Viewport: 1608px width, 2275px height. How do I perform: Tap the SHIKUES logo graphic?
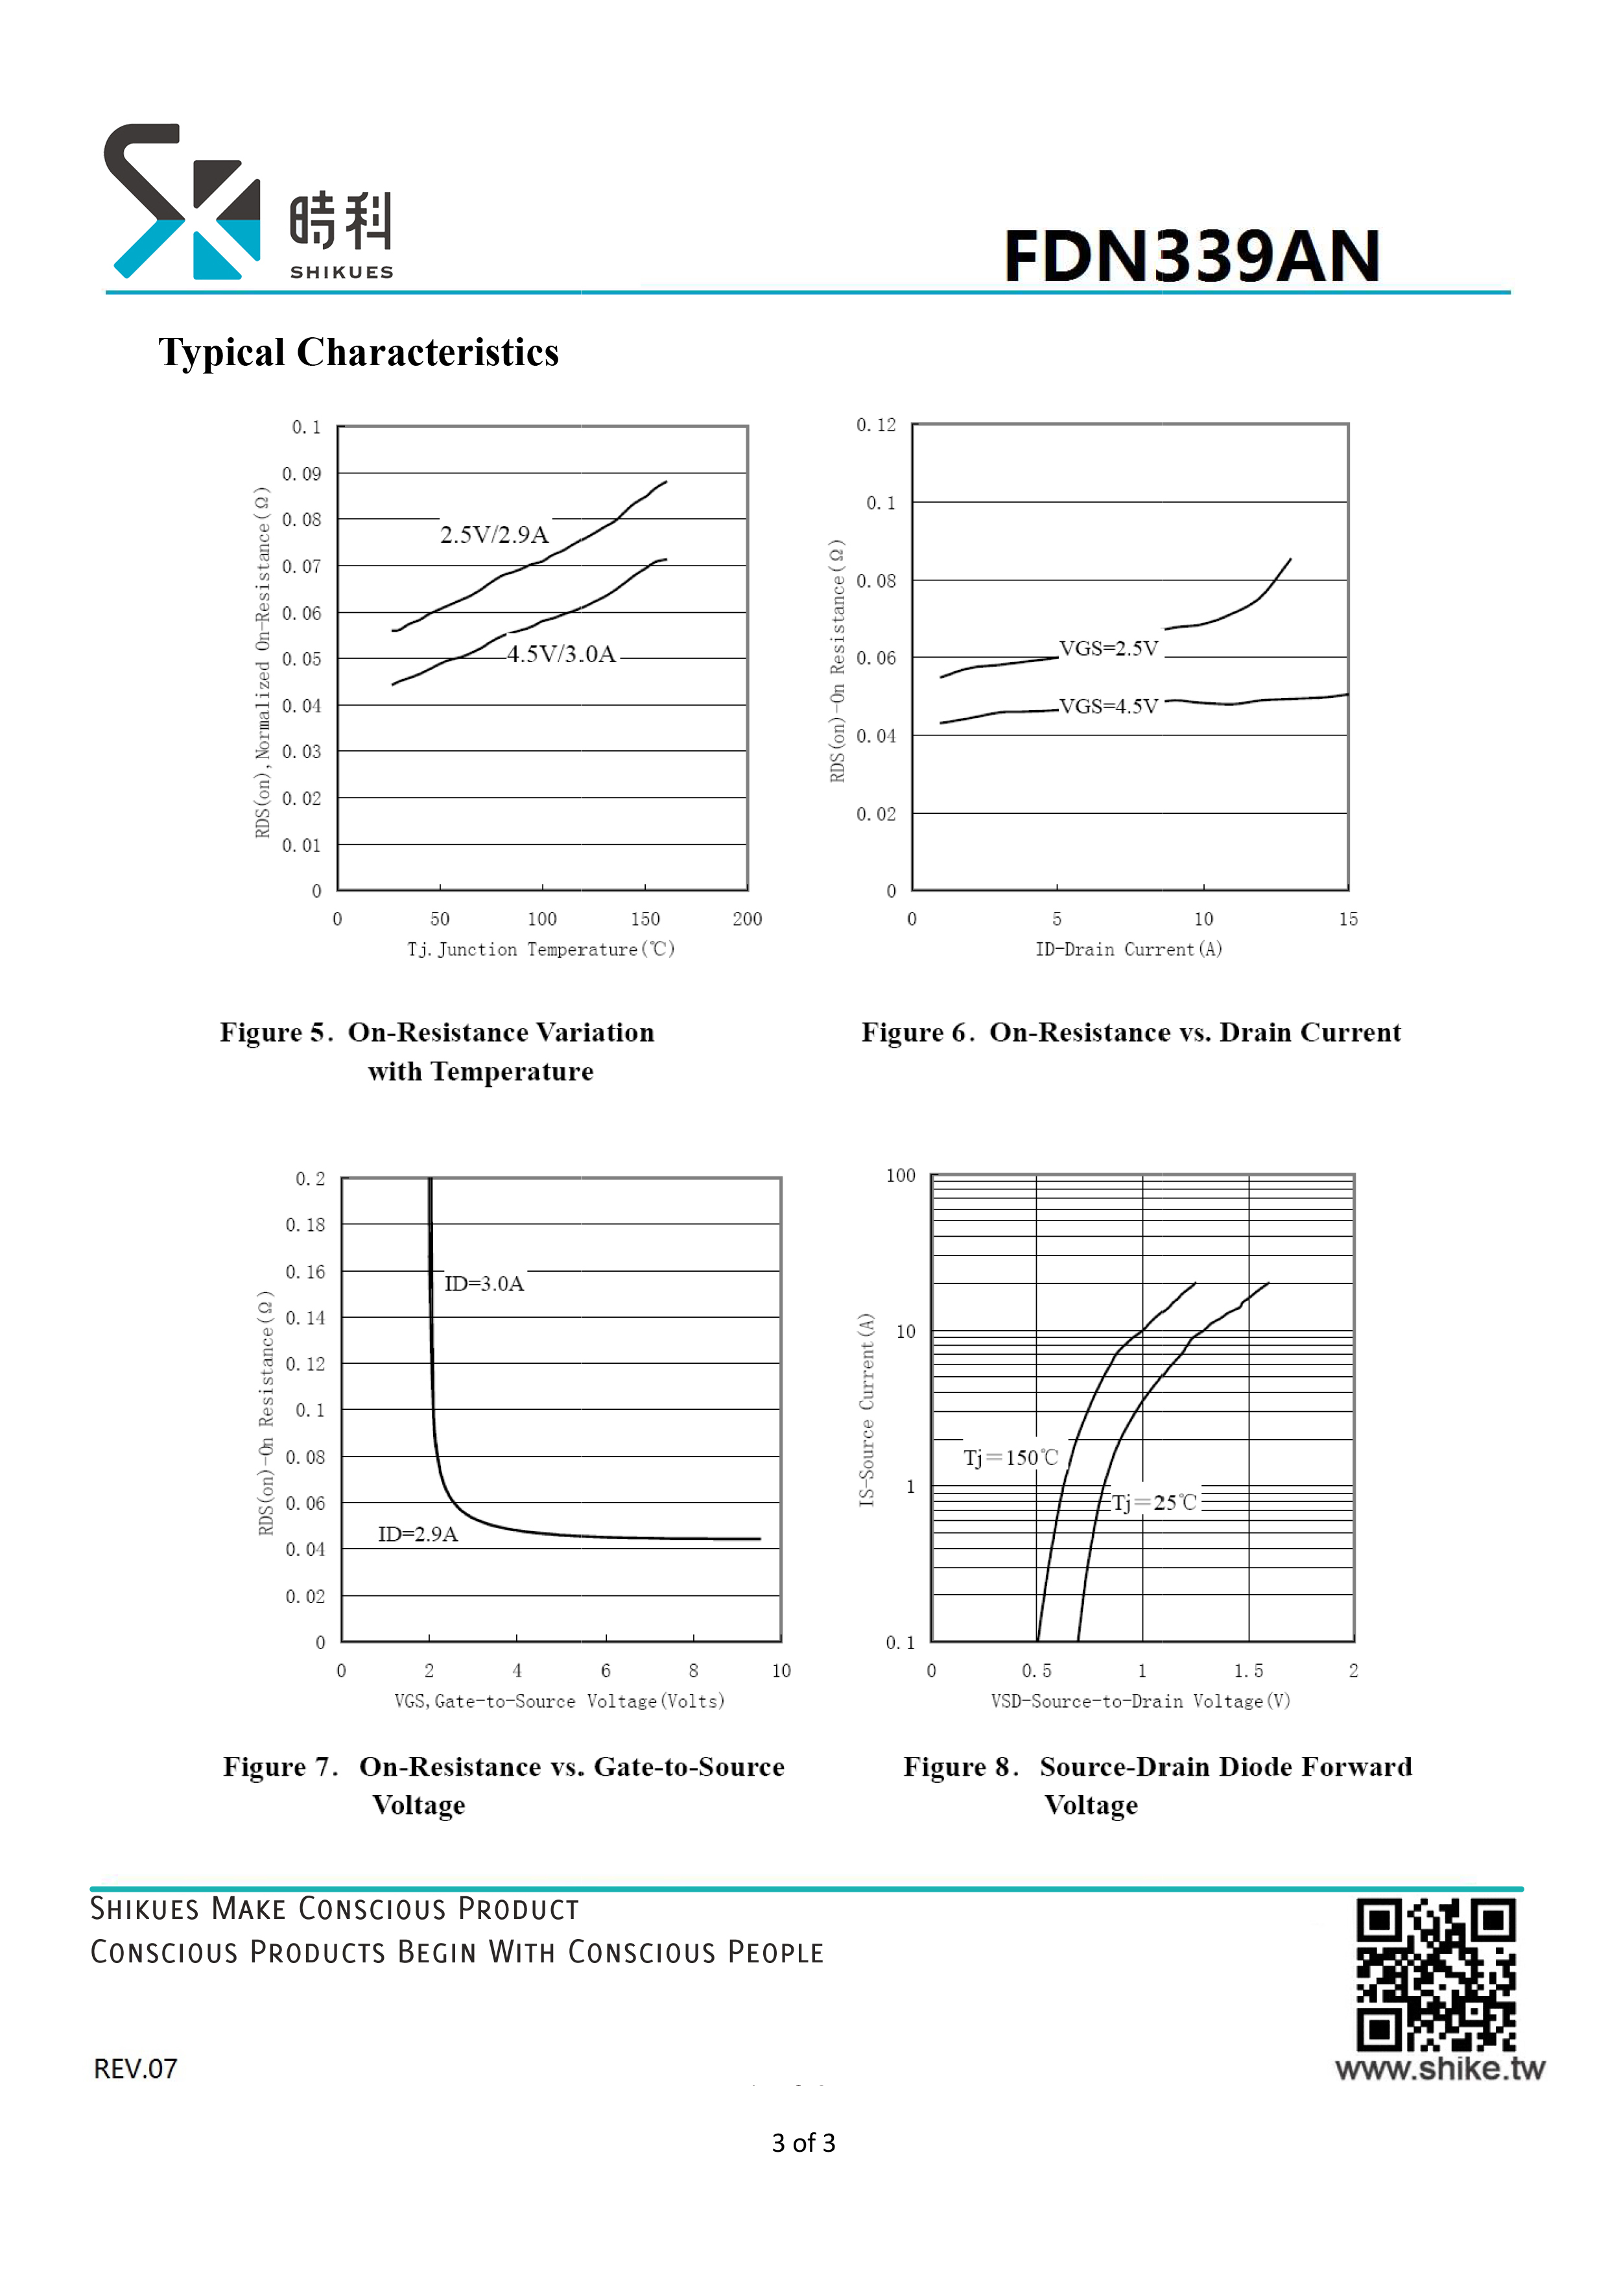(182, 201)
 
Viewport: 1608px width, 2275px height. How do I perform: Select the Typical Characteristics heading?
(359, 351)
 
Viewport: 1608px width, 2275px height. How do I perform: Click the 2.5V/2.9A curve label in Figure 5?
(494, 535)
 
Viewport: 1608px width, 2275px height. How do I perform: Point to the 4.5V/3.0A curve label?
(562, 654)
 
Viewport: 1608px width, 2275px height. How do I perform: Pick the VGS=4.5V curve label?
(1109, 706)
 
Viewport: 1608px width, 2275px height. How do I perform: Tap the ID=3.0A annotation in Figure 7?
(484, 1283)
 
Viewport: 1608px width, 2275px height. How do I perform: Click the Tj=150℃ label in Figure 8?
(1011, 1458)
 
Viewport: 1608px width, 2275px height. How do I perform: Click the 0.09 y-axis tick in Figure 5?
(302, 473)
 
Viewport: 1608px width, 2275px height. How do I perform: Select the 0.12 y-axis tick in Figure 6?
(876, 425)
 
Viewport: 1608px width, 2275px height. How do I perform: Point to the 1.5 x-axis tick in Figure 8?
(1248, 1671)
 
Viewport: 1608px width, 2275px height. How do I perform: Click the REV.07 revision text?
(136, 2069)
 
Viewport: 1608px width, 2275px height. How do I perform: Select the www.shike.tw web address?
(1439, 2069)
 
